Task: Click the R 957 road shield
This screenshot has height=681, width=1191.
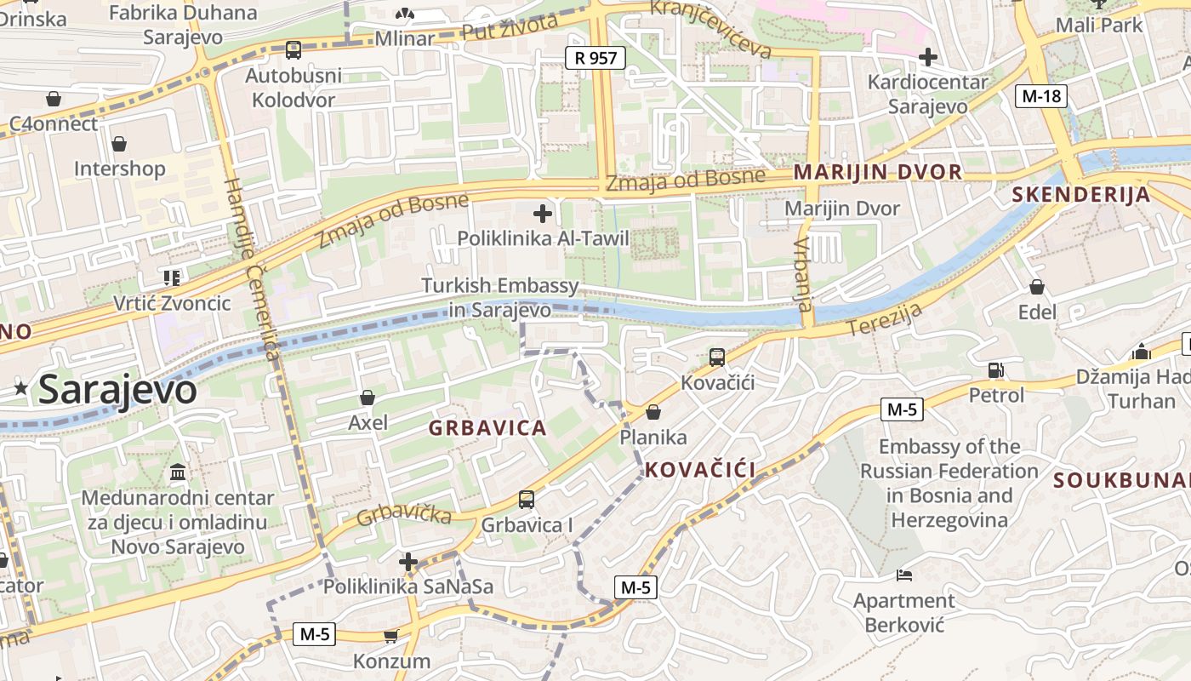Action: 595,58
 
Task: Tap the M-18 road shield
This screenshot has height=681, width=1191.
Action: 1041,96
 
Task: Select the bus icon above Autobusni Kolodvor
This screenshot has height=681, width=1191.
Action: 293,50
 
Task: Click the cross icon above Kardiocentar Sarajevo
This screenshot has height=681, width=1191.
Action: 928,57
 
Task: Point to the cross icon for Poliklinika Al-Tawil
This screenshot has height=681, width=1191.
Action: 543,214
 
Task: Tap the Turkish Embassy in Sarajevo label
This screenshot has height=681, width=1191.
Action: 500,297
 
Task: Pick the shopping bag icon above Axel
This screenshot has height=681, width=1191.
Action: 368,398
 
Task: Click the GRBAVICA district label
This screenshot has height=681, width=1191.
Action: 487,428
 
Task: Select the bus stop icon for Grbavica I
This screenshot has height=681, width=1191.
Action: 527,500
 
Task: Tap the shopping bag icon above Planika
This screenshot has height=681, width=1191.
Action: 653,413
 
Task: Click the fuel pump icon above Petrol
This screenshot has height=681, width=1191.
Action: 996,370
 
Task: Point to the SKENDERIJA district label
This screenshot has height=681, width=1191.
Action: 1080,195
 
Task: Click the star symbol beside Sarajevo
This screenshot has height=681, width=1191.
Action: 21,389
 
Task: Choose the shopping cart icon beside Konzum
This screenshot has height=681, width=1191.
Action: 391,636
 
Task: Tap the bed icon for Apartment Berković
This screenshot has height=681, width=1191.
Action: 904,576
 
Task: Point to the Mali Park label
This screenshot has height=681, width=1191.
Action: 1098,25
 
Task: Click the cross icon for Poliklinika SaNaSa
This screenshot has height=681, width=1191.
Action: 408,562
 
